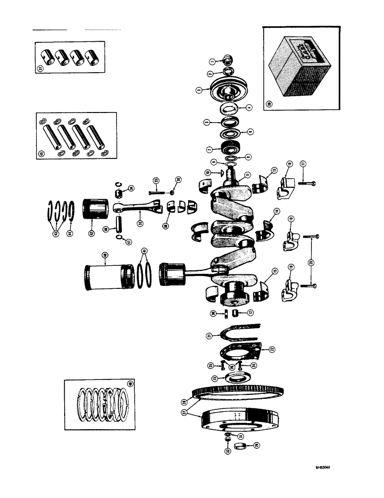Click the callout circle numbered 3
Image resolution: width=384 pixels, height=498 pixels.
click(x=198, y=91)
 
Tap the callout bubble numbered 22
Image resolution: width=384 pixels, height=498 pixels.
click(x=272, y=350)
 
